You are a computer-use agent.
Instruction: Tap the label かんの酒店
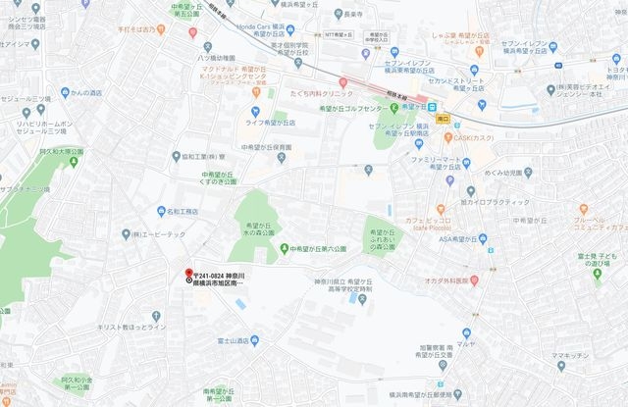tap(85, 93)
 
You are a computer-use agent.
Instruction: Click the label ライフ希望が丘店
tap(270, 124)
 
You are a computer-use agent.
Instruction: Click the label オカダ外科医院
tap(455, 280)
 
